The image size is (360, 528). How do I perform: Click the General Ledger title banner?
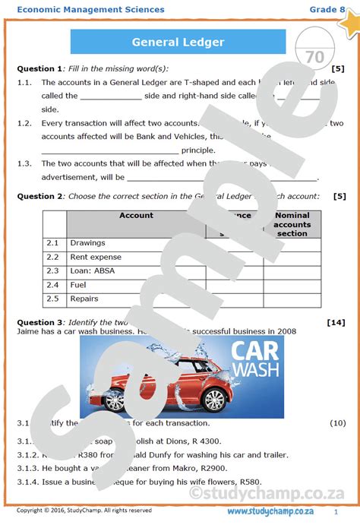click(x=178, y=42)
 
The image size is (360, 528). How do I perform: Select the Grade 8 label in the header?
click(x=324, y=9)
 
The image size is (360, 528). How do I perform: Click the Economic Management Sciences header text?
click(x=90, y=9)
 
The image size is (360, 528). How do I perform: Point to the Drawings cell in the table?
click(x=87, y=243)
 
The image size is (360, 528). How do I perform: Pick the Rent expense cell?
click(x=96, y=257)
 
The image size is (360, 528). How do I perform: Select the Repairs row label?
click(x=84, y=299)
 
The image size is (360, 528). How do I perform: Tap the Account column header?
click(x=136, y=216)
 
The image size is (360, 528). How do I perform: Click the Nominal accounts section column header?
click(x=292, y=224)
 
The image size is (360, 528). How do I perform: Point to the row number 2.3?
click(x=52, y=270)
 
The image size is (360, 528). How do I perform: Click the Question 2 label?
click(x=40, y=196)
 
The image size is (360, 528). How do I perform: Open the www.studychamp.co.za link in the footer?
click(x=271, y=511)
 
